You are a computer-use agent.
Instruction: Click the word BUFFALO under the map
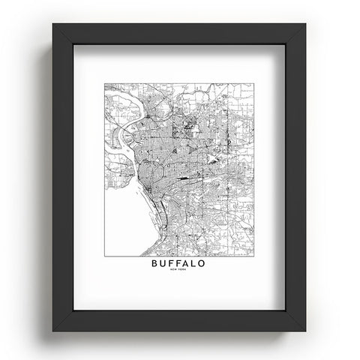179,264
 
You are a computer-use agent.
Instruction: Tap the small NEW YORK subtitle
179,273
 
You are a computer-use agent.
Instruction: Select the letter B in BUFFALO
155,264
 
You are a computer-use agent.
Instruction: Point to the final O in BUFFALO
204,264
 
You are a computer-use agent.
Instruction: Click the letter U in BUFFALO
163,264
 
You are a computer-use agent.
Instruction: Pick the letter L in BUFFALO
196,264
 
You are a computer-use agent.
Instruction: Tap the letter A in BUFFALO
187,264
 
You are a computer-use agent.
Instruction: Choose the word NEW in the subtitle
175,273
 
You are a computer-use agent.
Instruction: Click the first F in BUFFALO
172,264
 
